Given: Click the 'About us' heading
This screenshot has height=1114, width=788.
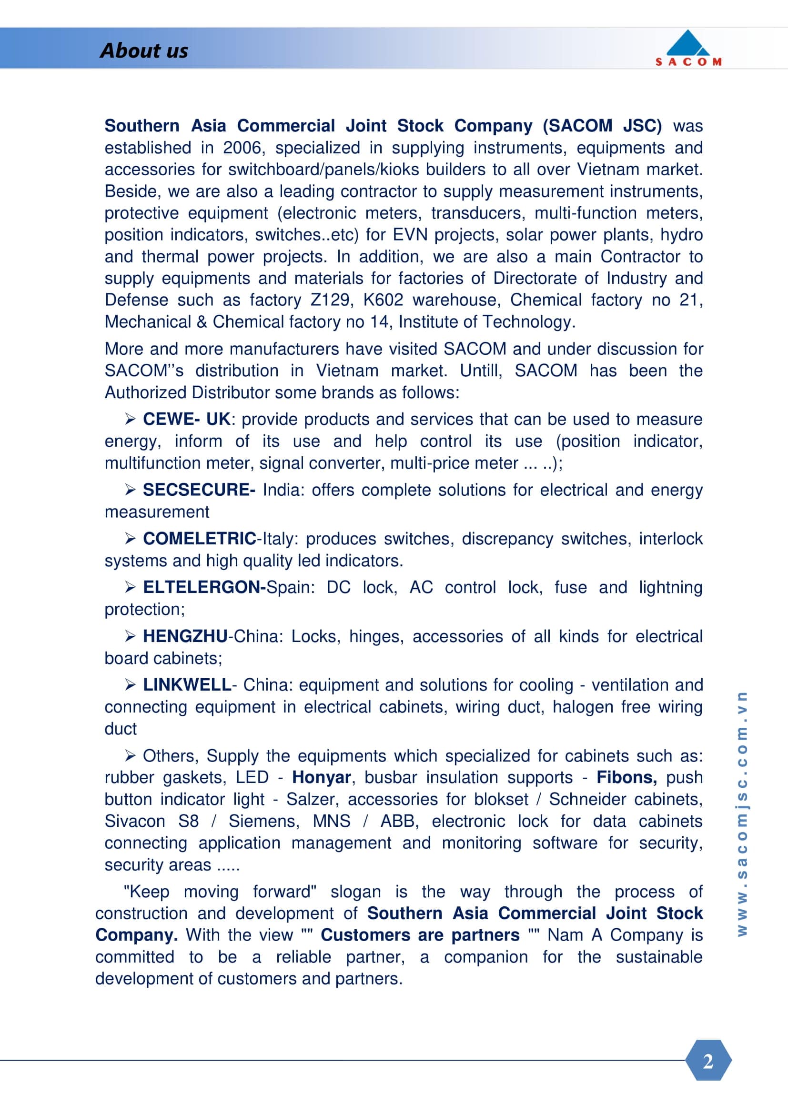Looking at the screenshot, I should point(143,51).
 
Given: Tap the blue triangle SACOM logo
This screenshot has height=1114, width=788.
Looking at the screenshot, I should point(688,44).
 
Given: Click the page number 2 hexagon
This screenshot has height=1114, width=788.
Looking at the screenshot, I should point(708,1061).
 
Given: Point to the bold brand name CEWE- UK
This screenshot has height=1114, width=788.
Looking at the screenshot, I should point(186,419).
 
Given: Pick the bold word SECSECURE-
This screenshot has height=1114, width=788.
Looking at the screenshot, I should point(199,490).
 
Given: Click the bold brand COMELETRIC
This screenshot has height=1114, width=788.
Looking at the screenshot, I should point(200,539).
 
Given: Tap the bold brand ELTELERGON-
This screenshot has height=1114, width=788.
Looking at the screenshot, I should point(204,588).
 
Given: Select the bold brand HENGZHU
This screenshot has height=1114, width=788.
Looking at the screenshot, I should point(185,636).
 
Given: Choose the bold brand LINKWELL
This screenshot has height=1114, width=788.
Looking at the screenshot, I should point(187,685).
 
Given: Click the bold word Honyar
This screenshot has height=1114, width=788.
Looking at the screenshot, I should point(321,777).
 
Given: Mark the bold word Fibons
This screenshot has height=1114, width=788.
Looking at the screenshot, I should point(626,777).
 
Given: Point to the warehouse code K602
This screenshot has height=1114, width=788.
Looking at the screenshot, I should point(383,300).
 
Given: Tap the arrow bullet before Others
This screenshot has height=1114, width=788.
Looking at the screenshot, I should point(130,755).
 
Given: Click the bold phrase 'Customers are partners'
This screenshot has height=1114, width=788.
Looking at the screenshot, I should point(420,935).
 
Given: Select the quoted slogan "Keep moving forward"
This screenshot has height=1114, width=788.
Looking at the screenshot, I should point(220,892).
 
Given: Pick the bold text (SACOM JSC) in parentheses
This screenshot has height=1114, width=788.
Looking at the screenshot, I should point(602,126).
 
